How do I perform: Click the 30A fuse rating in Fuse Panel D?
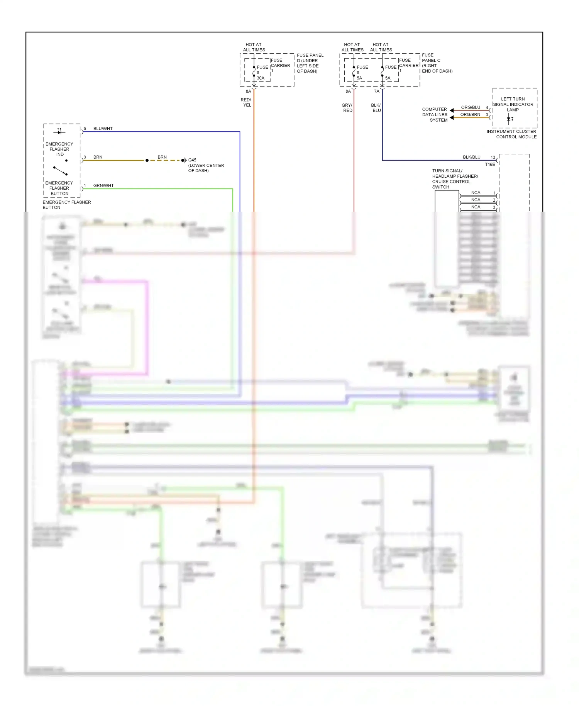[261, 78]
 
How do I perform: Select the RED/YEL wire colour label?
[246, 102]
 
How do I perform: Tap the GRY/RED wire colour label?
[347, 108]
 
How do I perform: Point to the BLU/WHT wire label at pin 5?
[103, 129]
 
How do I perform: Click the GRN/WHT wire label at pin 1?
[103, 185]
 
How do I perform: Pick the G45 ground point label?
[192, 160]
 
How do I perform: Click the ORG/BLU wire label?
[471, 107]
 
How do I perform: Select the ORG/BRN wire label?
[470, 114]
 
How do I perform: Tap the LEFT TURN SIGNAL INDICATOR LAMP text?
[513, 104]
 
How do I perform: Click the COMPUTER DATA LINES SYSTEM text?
[435, 115]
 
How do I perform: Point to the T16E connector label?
[490, 165]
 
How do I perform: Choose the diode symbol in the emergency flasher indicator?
[59, 132]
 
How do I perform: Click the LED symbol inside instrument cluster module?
[510, 119]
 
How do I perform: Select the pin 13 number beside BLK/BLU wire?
[493, 157]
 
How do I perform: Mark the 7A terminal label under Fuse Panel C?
[376, 92]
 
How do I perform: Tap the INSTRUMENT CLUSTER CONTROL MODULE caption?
[511, 134]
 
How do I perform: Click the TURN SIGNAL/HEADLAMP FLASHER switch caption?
[455, 179]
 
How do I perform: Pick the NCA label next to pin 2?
[476, 200]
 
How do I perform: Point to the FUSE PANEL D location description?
[310, 63]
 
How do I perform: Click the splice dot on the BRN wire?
[147, 160]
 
